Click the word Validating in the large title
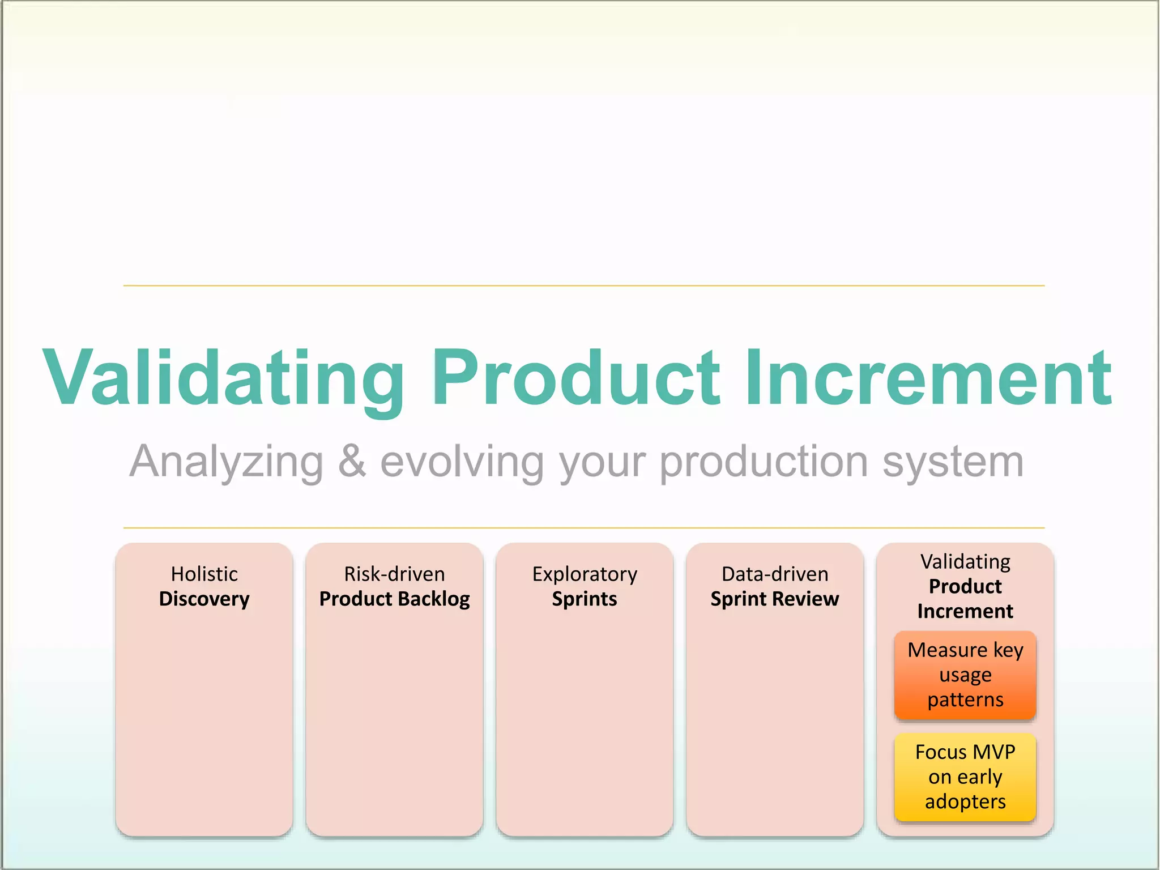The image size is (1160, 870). pos(224,378)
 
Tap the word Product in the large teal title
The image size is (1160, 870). pos(576,378)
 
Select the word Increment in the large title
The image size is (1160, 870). pos(929,378)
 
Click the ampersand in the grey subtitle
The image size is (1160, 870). pos(352,461)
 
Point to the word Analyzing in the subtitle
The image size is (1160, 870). pos(227,462)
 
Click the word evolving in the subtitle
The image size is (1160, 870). pos(462,462)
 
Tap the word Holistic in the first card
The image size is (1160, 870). pos(204,574)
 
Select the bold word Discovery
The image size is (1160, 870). pos(204,599)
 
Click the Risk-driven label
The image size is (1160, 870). pos(395,574)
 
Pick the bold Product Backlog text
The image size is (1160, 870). pos(395,599)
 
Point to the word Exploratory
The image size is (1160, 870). pos(585,574)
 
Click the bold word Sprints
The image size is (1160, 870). pos(585,599)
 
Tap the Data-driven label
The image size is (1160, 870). pos(775,574)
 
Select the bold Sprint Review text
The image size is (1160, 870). pos(775,599)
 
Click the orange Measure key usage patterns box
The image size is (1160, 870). pos(965,675)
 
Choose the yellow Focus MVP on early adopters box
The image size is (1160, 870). pos(965,777)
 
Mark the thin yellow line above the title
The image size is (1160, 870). pos(583,285)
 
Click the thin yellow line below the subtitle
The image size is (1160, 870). pos(583,528)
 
